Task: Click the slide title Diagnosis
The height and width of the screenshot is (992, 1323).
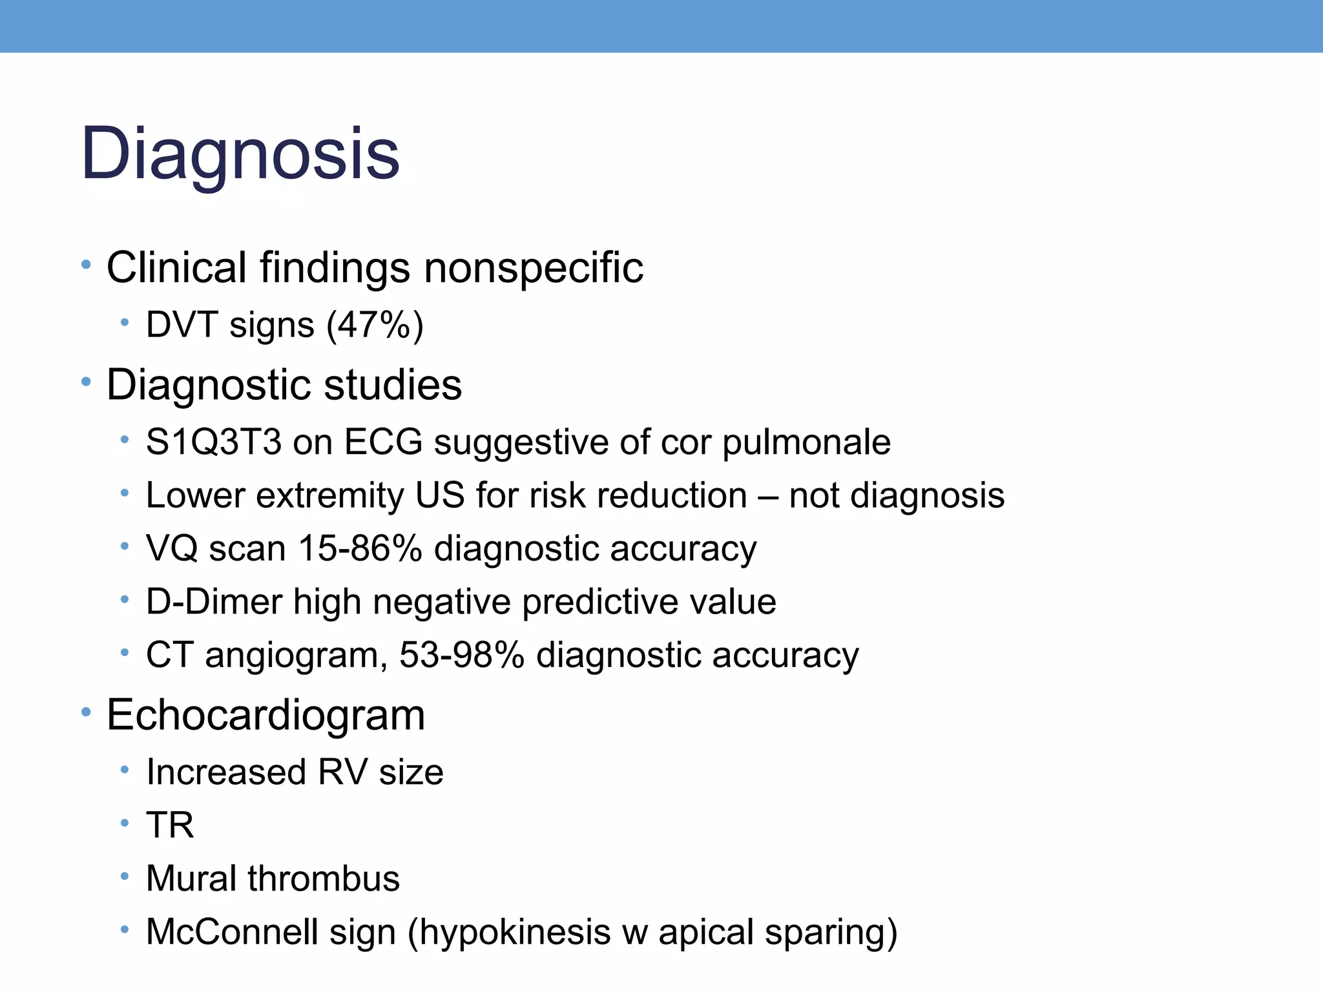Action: coord(240,154)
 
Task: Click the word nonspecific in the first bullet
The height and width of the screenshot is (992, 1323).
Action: coord(534,267)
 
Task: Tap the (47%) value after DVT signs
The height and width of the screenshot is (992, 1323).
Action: coord(375,324)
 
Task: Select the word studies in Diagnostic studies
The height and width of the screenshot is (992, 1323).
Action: coord(393,385)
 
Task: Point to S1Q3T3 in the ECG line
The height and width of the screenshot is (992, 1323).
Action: coord(214,442)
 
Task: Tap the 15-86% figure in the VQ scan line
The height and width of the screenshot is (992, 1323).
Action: coord(360,549)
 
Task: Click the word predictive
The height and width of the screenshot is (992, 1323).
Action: coord(600,603)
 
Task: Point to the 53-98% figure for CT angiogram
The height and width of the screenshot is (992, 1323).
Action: coord(461,655)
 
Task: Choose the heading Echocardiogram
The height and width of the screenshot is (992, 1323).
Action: coord(266,715)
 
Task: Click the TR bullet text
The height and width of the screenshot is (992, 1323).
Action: coord(170,825)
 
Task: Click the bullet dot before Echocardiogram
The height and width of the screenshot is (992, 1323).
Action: coord(86,713)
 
